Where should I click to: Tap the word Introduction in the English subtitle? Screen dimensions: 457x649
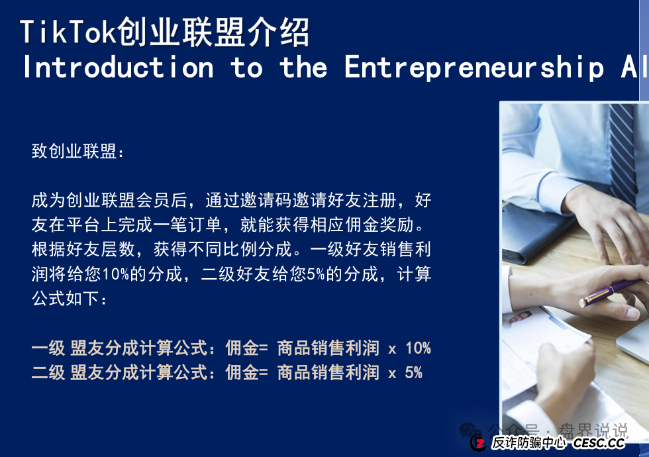118,68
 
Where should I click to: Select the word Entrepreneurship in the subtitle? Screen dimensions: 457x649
474,68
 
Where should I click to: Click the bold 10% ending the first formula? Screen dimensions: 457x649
418,348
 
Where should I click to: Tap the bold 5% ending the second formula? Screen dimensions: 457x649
413,372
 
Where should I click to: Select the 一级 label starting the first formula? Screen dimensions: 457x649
48,348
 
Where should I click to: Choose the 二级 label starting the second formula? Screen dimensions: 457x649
48,372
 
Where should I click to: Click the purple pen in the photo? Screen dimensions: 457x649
613,291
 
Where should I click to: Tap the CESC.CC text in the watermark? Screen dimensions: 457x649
599,443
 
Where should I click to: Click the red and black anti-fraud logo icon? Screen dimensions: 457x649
478,442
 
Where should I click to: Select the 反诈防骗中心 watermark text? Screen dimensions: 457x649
528,443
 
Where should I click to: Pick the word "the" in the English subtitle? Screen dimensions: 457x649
303,68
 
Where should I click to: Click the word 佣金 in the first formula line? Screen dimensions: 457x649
242,348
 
